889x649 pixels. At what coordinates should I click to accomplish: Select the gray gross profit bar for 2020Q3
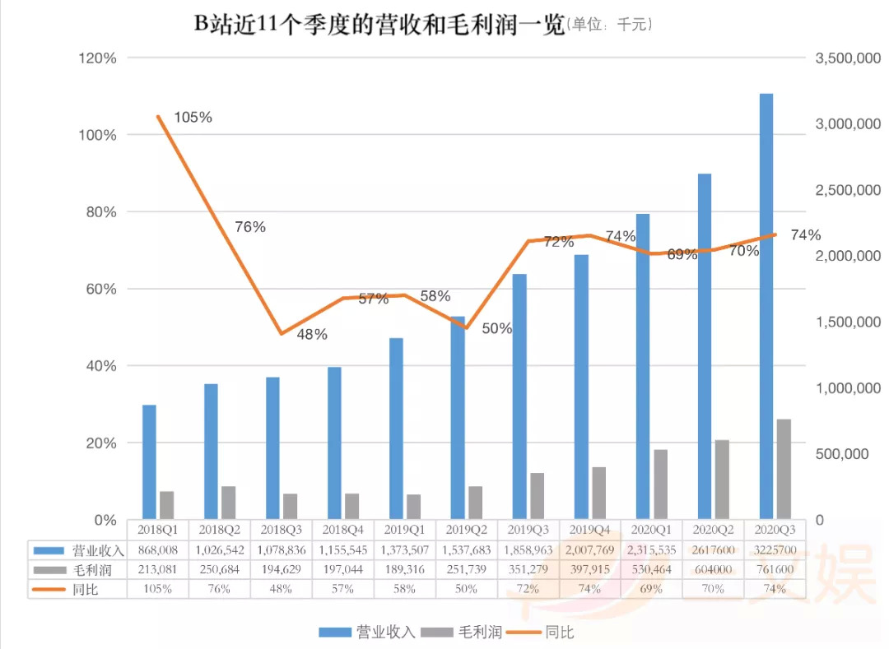(784, 469)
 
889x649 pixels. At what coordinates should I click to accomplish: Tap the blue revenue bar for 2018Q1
(149, 461)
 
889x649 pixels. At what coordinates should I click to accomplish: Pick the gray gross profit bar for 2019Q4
(598, 493)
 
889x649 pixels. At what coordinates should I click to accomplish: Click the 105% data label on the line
(193, 118)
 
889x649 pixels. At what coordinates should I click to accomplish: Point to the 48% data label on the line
(312, 335)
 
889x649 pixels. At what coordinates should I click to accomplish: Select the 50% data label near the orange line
(496, 329)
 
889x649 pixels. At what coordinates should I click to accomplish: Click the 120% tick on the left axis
(97, 58)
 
